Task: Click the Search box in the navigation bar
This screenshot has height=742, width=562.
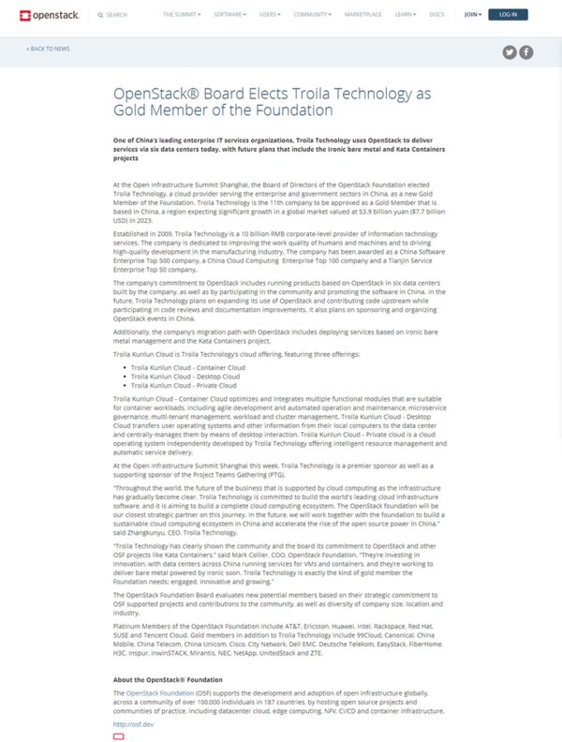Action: click(x=116, y=15)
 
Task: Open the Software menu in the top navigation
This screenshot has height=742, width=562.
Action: click(x=229, y=15)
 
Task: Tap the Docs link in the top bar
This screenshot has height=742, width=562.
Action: click(x=436, y=15)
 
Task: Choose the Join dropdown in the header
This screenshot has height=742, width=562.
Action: click(x=472, y=15)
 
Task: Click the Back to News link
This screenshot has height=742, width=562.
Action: click(x=48, y=48)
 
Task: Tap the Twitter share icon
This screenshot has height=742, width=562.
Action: click(x=510, y=52)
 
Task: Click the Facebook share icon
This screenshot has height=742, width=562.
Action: click(x=526, y=52)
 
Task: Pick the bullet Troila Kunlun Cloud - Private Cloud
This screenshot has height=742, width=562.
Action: click(x=176, y=385)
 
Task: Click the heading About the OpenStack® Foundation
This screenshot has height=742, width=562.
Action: click(x=167, y=679)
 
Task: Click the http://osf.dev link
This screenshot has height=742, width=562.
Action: click(x=133, y=723)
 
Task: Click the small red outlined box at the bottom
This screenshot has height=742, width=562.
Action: click(x=118, y=736)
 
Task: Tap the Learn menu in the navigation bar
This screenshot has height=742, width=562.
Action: click(x=405, y=15)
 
